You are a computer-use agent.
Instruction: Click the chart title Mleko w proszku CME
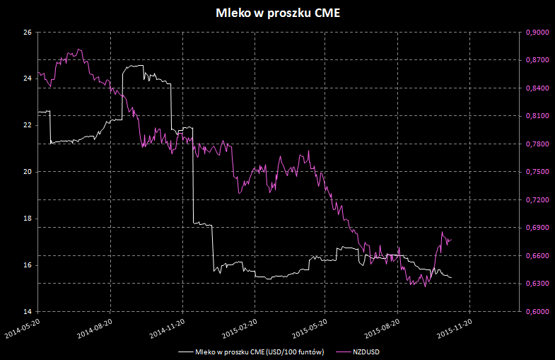(277, 13)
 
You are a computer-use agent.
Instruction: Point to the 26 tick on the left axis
(28, 33)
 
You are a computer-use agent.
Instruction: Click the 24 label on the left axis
(28, 79)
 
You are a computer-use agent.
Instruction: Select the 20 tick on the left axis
(28, 172)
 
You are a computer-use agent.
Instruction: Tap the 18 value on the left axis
(28, 219)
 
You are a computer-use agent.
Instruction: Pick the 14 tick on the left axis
(28, 312)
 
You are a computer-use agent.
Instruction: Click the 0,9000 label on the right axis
(538, 33)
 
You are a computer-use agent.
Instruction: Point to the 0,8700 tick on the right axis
(538, 60)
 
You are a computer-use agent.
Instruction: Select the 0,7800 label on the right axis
(538, 144)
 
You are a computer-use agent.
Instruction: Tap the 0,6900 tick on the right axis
(538, 228)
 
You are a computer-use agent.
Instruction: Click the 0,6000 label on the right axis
(538, 312)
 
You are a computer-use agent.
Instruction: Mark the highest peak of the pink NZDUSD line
(78, 49)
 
